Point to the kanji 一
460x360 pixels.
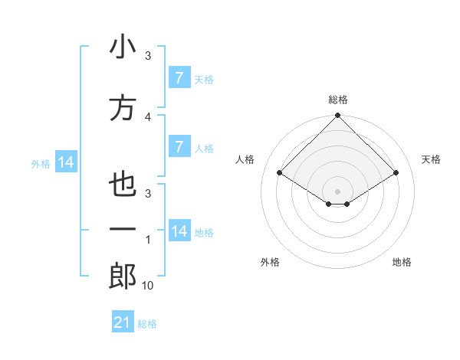(x=123, y=230)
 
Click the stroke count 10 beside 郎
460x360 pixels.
(x=148, y=286)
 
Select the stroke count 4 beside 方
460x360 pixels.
(x=148, y=116)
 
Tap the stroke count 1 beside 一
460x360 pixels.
(x=148, y=240)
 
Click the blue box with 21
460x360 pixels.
(x=123, y=322)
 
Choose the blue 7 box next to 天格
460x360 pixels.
(x=179, y=77)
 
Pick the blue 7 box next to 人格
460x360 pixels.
(x=179, y=147)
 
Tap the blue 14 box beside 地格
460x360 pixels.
(x=179, y=231)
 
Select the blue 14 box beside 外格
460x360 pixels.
(x=65, y=162)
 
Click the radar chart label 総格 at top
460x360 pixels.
(x=338, y=100)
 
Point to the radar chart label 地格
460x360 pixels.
(x=402, y=263)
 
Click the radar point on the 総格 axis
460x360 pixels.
(x=338, y=116)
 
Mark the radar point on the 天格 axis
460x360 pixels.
(x=396, y=173)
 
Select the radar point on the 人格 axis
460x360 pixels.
(x=280, y=173)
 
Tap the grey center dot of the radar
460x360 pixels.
(x=338, y=191)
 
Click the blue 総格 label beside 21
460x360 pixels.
(x=147, y=324)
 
